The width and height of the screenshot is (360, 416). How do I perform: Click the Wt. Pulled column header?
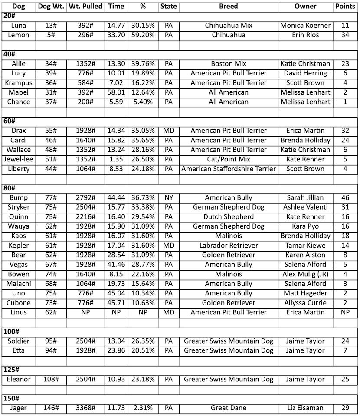85,7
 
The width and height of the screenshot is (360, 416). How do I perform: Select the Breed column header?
228,7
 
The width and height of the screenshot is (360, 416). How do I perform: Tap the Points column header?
345,7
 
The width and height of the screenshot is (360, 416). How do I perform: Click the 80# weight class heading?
9,188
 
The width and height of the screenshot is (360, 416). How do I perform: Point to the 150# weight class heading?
11,398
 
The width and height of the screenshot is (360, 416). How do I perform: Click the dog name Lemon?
18,35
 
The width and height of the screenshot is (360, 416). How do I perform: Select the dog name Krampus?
18,83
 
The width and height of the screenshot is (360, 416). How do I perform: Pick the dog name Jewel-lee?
18,159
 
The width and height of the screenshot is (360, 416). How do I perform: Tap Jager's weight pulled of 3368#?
85,408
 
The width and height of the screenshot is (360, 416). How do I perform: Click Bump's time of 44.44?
116,198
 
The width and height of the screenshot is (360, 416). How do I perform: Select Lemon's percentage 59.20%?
143,35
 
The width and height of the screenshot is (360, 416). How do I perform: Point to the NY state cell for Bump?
169,198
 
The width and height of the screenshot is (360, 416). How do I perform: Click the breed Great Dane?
228,408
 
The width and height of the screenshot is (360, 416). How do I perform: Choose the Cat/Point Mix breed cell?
228,159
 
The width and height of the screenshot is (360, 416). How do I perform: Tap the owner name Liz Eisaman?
305,408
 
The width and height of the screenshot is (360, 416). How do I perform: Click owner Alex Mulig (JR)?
305,274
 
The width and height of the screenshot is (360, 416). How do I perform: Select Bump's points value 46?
345,198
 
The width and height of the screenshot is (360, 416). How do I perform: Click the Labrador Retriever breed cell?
228,246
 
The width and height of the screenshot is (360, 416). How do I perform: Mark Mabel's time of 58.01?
116,92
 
